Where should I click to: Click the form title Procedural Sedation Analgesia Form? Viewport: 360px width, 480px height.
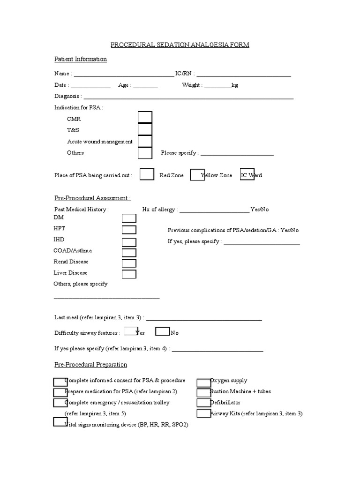point(180,45)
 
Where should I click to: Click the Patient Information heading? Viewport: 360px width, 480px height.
point(81,59)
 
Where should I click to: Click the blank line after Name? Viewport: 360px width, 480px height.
point(123,74)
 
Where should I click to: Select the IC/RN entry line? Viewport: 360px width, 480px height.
point(243,74)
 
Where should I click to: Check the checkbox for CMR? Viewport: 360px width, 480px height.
point(145,118)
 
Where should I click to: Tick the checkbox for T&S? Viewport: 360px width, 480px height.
point(145,129)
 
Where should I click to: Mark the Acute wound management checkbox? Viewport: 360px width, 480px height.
point(145,141)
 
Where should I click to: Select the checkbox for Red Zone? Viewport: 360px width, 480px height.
point(147,174)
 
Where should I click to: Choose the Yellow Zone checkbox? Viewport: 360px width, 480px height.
point(197,175)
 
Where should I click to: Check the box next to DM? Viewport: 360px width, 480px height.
point(129,218)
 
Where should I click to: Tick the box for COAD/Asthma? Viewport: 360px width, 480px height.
point(129,253)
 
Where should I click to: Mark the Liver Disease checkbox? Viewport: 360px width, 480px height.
point(129,274)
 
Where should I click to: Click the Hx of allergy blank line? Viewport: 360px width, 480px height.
point(214,210)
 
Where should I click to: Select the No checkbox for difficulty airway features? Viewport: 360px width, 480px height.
point(162,331)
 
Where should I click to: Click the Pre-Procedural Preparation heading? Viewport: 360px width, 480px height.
point(90,365)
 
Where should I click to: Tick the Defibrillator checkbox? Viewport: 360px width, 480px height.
point(203,403)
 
